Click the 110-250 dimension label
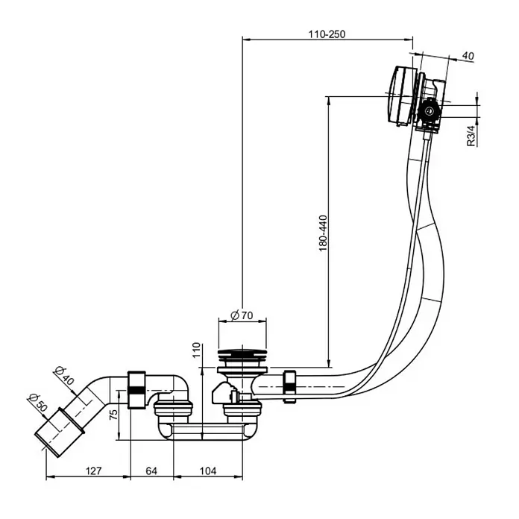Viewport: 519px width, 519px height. tap(327, 34)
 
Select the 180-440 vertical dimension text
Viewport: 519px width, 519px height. tap(323, 233)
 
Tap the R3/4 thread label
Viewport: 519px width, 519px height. tap(471, 136)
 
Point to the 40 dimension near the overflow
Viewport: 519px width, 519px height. tap(468, 56)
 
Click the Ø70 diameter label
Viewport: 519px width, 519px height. tap(242, 315)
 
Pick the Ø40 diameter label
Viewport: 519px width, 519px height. tap(65, 375)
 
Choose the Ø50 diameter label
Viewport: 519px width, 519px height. tap(38, 402)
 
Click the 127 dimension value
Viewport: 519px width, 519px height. tap(94, 471)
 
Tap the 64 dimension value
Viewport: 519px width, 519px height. tap(151, 471)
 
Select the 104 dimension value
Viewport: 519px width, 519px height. tap(208, 471)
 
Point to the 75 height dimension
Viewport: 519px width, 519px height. tap(113, 415)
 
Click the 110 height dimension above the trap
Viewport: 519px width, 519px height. tap(196, 350)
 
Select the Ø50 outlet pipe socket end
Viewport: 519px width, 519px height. tap(60, 432)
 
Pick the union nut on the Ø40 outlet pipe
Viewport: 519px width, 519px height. tap(136, 390)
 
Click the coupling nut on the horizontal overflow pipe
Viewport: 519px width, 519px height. tap(289, 386)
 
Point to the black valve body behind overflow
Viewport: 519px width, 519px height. tap(430, 110)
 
